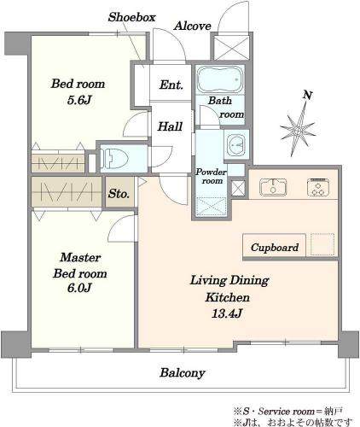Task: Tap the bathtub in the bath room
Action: [220, 79]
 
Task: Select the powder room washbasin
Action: [236, 143]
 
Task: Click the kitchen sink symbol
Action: [273, 187]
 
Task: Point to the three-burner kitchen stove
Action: [318, 187]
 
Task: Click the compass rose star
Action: [298, 130]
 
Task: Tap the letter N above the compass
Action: [307, 96]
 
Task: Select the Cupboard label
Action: [275, 248]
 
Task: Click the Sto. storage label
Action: [119, 194]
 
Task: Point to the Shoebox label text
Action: [132, 17]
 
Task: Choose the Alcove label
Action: [193, 26]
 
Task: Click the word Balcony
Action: [183, 373]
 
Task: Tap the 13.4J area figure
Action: [227, 313]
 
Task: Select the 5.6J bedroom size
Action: [79, 100]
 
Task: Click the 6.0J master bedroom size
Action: [79, 288]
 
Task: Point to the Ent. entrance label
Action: [171, 85]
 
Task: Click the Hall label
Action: [170, 126]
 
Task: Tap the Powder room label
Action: [211, 177]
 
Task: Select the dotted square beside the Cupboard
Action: [322, 244]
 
